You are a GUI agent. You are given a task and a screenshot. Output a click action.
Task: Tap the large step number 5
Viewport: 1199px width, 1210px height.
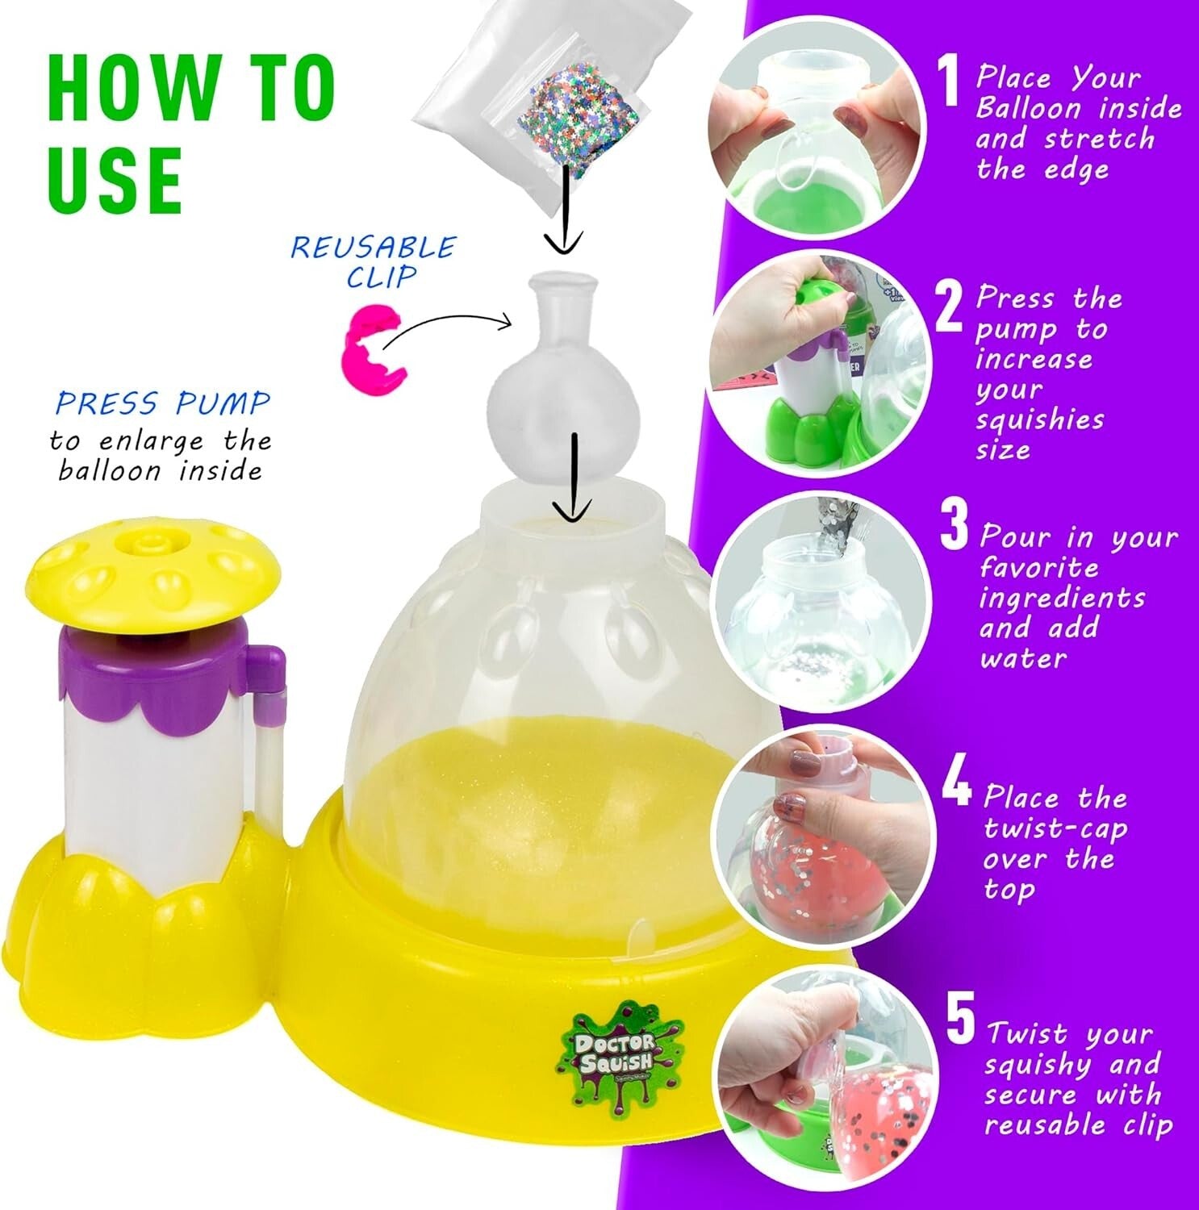coord(960,1020)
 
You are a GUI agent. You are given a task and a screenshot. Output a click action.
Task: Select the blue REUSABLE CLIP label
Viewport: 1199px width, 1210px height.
coord(374,261)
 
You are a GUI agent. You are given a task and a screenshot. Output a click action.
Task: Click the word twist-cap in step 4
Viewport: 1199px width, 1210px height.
coord(1055,828)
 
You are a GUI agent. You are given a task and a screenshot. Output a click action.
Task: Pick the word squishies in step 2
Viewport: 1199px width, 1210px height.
coord(1038,419)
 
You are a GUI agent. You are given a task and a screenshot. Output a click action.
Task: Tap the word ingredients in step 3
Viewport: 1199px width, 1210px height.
coord(1062,599)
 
